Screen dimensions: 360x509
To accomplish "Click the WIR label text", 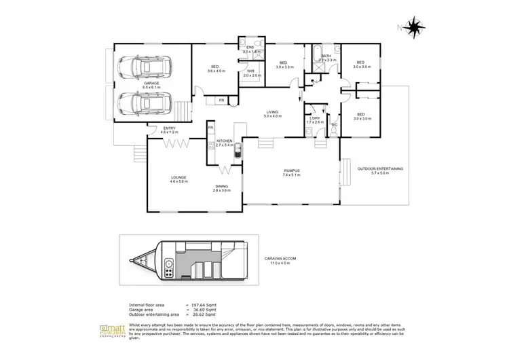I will (x=250, y=71).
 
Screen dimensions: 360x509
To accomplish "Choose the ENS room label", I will (x=250, y=47).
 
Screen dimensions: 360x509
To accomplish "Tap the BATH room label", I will (x=326, y=56).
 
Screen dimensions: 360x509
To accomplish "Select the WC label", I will (x=334, y=124).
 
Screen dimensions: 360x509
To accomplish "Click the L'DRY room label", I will (x=315, y=118).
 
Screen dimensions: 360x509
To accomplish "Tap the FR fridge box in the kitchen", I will (x=211, y=128).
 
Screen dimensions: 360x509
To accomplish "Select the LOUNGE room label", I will (x=178, y=178).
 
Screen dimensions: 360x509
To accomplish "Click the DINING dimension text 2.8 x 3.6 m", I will (x=221, y=191).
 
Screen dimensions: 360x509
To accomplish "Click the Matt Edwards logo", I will (x=109, y=331).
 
